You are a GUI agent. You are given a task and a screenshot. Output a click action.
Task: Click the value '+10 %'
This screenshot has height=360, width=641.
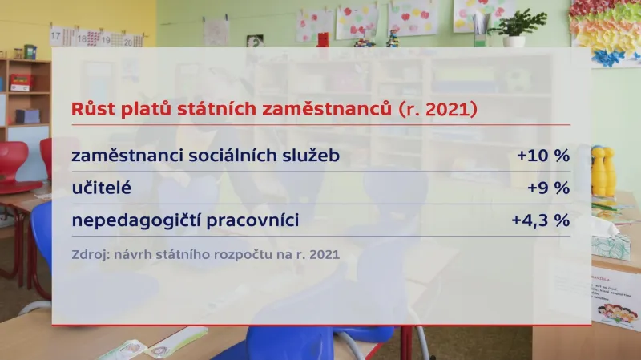543,156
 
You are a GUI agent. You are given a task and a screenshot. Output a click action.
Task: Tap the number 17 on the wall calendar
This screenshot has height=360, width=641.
57,36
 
